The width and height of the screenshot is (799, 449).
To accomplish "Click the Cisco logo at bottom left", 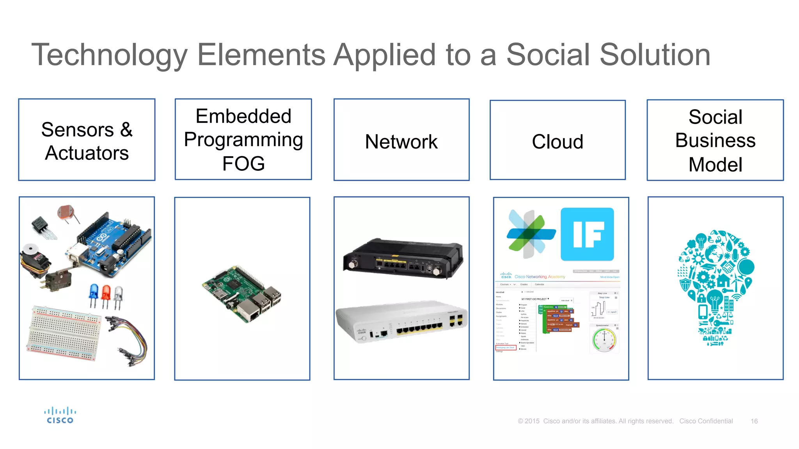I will (60, 415).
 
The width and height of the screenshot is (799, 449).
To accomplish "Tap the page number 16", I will (754, 421).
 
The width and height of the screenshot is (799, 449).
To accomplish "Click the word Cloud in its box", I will (558, 141).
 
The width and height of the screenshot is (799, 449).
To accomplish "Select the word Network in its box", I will (401, 141).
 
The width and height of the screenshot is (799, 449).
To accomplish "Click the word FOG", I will (243, 164).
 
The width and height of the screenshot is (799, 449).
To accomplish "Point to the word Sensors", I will (78, 130).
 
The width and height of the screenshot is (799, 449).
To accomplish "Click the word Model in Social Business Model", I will (715, 164).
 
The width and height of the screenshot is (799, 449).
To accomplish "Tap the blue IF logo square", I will (587, 234).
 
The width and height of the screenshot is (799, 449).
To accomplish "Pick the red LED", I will (106, 294).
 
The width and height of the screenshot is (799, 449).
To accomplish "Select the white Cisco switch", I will (402, 322).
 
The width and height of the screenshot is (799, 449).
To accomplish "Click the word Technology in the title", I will (110, 55).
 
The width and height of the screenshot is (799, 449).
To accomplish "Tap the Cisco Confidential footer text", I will (706, 421).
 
